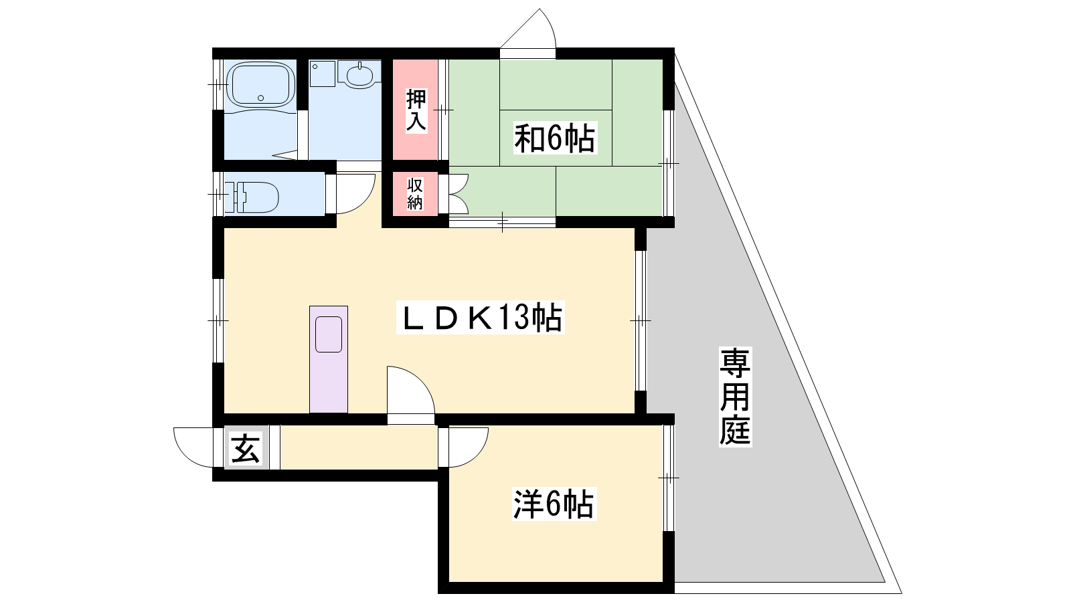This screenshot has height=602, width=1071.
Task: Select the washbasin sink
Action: pos(359,74)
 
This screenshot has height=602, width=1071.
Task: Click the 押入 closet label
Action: pos(416,110)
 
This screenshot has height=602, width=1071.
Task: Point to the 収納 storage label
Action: pos(415,193)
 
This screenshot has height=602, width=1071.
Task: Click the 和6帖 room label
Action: pos(555,138)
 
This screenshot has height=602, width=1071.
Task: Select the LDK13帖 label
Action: pos(481,317)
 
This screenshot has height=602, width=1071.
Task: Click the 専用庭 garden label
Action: pos(735,397)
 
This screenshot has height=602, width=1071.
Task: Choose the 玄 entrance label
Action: pos(245,448)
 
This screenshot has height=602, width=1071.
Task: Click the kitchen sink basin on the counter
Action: pos(329,334)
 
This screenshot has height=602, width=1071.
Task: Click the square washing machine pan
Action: pos(322,74)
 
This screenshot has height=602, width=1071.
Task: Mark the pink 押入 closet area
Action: pos(415,110)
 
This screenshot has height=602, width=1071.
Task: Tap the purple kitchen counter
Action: pos(329,359)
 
